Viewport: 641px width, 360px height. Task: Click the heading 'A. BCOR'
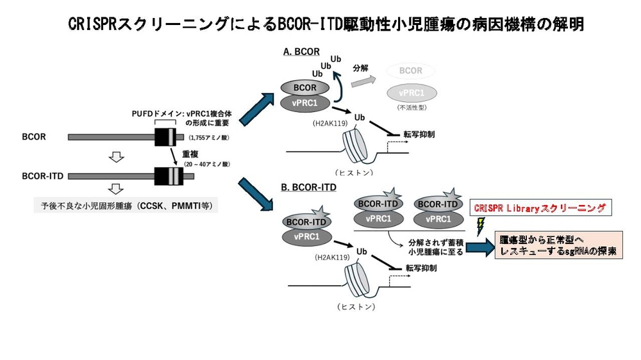pyautogui.click(x=301, y=52)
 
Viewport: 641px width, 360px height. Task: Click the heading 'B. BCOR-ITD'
pyautogui.click(x=309, y=188)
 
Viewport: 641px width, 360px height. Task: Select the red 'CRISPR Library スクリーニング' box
pyautogui.click(x=540, y=208)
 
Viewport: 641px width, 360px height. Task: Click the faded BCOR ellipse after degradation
pyautogui.click(x=411, y=70)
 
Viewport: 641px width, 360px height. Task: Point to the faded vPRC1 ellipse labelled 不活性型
pyautogui.click(x=412, y=93)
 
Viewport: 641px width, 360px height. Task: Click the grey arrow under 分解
pyautogui.click(x=363, y=81)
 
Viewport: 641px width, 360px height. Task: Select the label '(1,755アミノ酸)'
pyautogui.click(x=210, y=138)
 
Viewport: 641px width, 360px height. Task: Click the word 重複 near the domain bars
pyautogui.click(x=190, y=154)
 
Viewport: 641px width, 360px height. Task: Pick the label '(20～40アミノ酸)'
pyautogui.click(x=207, y=164)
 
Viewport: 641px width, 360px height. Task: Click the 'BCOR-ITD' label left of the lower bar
pyautogui.click(x=42, y=176)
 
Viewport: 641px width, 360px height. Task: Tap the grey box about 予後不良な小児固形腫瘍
pyautogui.click(x=126, y=206)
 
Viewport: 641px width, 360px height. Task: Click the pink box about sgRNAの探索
pyautogui.click(x=559, y=245)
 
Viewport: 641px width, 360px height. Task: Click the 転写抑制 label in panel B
pyautogui.click(x=421, y=268)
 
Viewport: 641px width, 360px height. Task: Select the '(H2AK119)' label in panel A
pyautogui.click(x=330, y=124)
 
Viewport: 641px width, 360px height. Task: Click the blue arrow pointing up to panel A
pyautogui.click(x=256, y=109)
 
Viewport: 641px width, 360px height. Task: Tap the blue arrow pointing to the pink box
pyautogui.click(x=480, y=248)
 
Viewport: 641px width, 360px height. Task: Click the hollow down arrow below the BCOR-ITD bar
pyautogui.click(x=117, y=189)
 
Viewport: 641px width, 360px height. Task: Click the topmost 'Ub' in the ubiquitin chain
pyautogui.click(x=336, y=59)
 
